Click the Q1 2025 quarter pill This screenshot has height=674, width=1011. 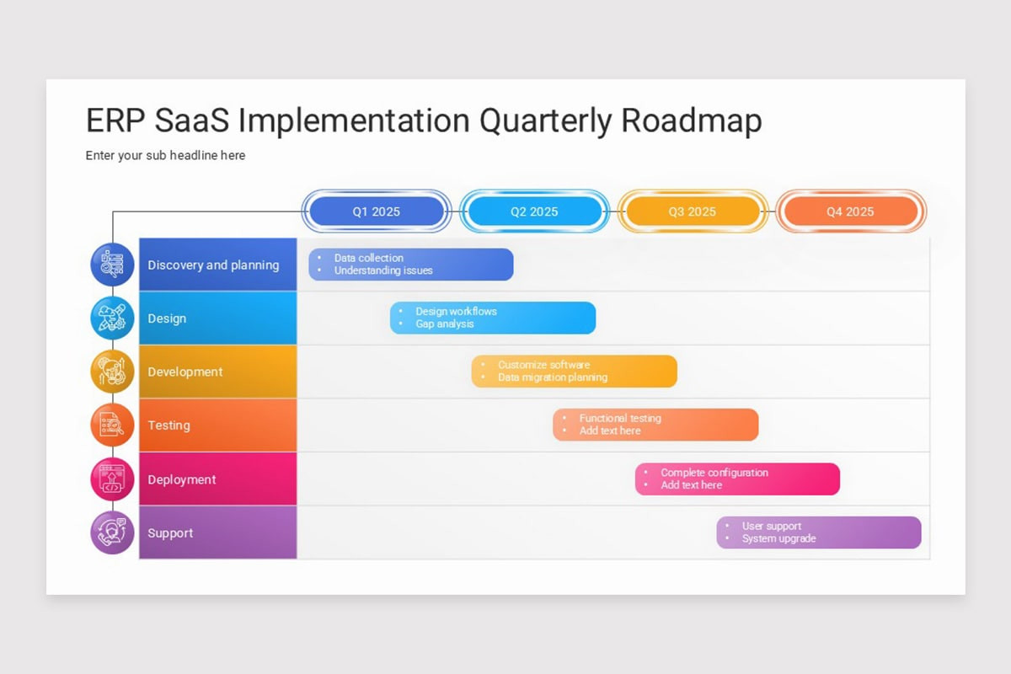point(376,211)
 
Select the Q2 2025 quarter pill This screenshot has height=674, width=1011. point(534,211)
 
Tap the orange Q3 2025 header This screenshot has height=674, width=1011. point(692,211)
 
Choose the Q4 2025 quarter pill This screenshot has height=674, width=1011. point(850,211)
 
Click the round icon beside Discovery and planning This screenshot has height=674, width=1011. point(112,265)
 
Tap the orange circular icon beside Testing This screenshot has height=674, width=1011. point(112,425)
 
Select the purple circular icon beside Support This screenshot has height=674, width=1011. point(112,532)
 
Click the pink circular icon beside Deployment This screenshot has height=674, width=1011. point(112,479)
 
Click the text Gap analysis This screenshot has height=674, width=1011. point(444,324)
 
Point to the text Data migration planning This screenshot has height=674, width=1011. point(552,377)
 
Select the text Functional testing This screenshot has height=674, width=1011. point(620,419)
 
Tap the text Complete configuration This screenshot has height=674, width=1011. point(714,473)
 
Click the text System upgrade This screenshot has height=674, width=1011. point(778,539)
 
